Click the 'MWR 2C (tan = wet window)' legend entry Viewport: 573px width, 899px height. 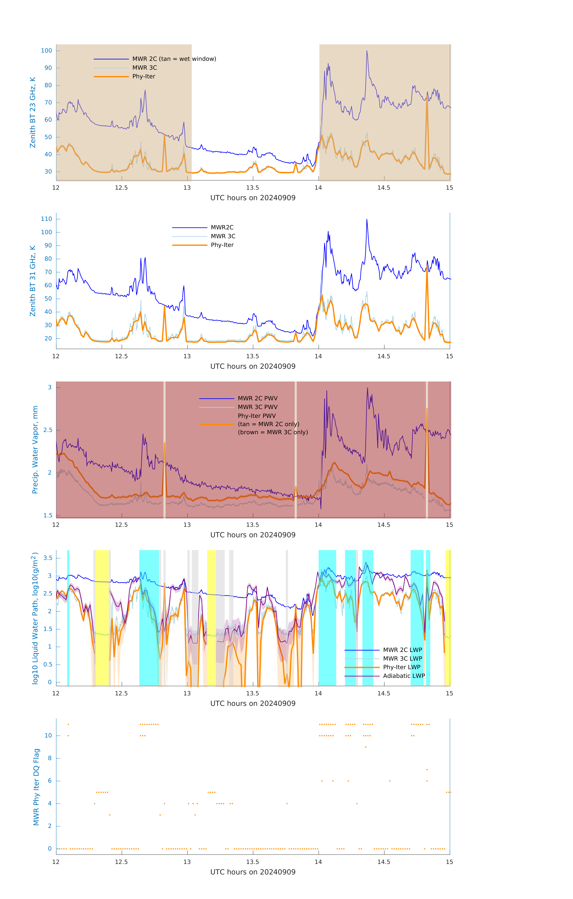tap(174, 59)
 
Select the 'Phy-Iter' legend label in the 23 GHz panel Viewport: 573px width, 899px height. tap(144, 77)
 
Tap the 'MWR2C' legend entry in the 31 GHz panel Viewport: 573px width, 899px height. tap(222, 227)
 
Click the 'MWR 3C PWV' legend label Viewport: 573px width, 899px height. tap(258, 407)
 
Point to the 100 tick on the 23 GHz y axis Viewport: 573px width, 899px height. tap(47, 51)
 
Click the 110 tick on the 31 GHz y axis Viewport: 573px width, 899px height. tap(47, 219)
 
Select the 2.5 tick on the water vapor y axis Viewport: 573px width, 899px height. tap(48, 430)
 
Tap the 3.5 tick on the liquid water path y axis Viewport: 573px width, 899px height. tap(48, 558)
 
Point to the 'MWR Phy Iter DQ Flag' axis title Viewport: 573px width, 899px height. tap(36, 787)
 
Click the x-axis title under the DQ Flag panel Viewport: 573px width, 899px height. tap(253, 872)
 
